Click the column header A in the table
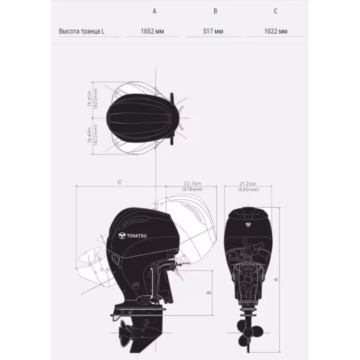154,11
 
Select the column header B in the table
215,11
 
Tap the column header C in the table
275,11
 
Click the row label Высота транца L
81,31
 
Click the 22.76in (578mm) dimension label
192,187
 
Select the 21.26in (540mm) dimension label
248,187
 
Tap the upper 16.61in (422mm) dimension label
92,98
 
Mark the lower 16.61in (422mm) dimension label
92,134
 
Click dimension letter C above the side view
119,182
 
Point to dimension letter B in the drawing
209,292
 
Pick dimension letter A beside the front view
276,279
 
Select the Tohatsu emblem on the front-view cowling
247,225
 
